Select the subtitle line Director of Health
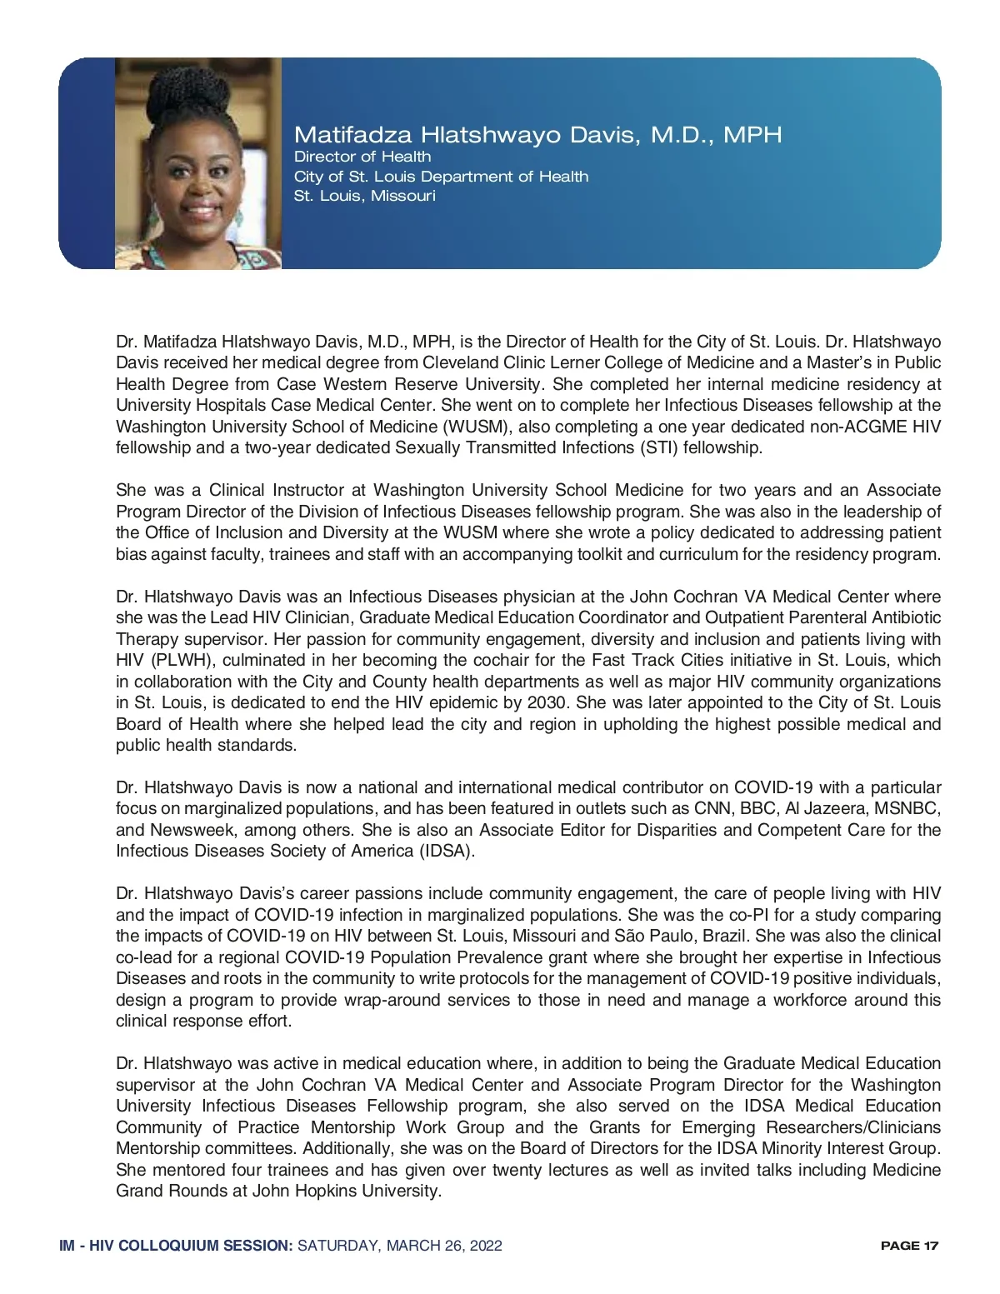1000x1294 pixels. (x=362, y=157)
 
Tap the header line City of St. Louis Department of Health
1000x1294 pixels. (x=441, y=177)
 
